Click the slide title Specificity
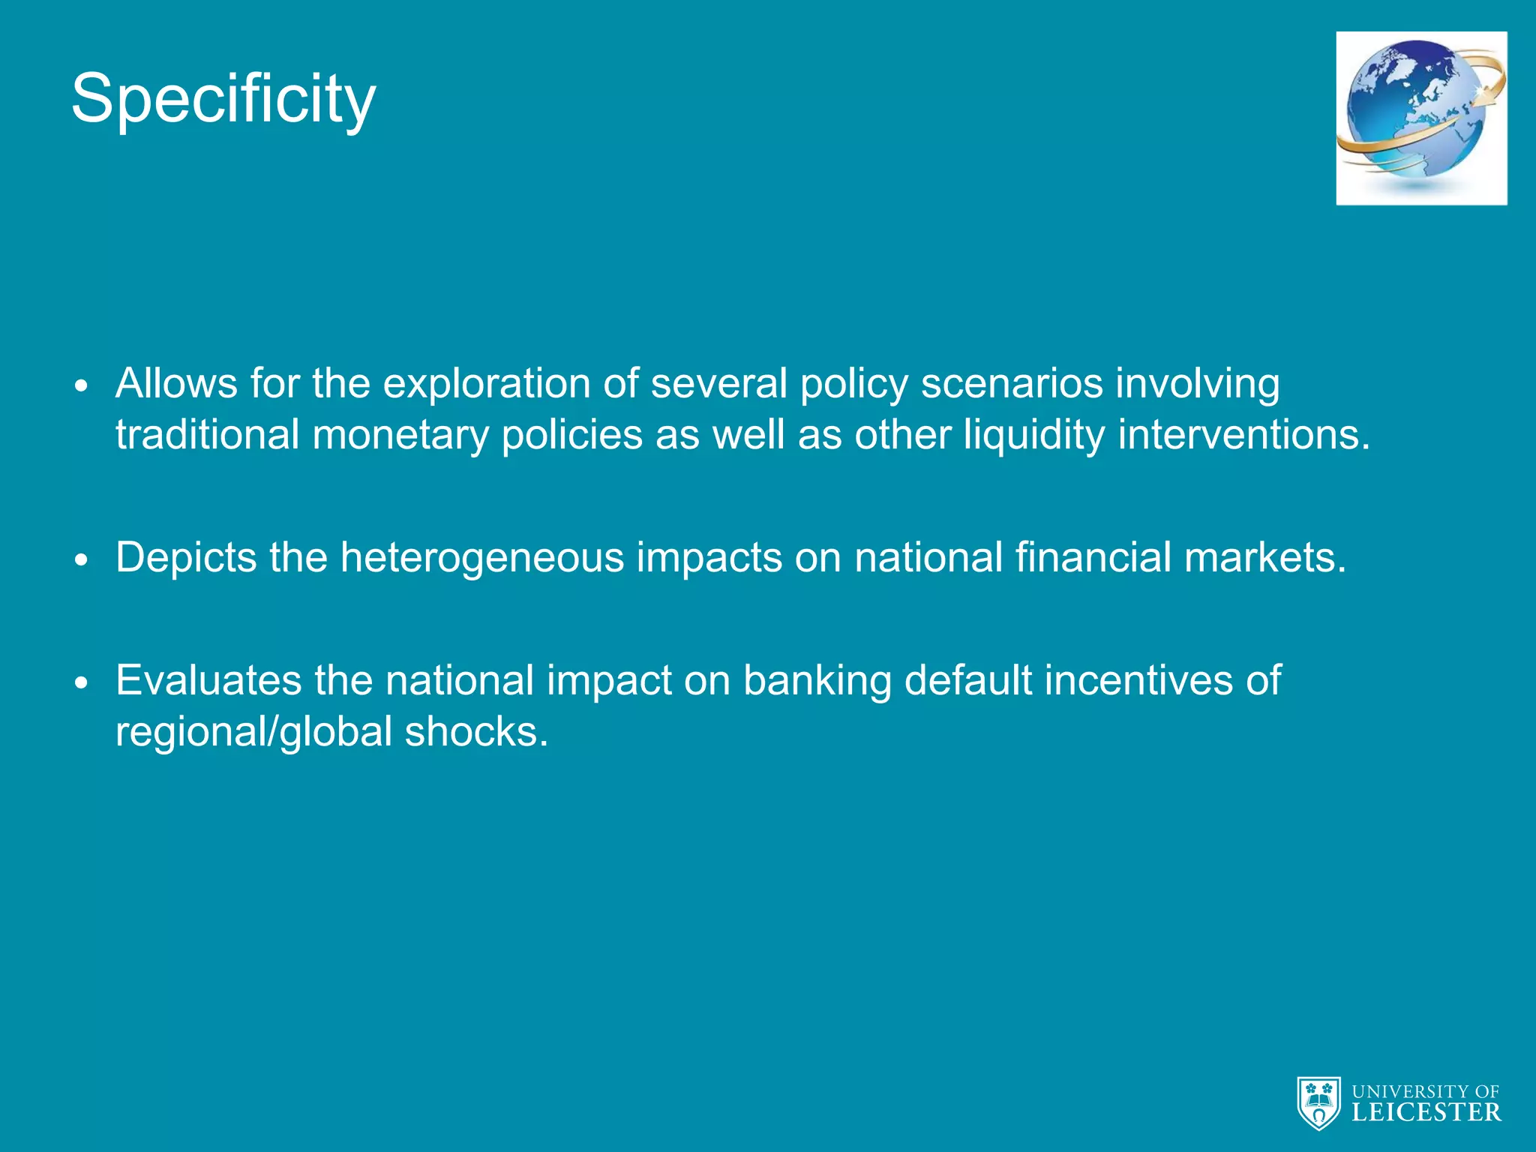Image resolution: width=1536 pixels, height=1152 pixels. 223,99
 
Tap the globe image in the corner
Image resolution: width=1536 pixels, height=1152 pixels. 1420,118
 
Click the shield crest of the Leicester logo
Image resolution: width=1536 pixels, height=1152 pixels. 1318,1102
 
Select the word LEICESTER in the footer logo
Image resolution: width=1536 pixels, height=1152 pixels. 1426,1112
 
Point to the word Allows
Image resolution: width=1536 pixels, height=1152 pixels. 177,383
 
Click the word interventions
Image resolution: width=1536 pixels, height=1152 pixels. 1243,435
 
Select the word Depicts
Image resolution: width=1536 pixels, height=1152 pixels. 186,557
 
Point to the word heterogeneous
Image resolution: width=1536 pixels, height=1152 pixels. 482,557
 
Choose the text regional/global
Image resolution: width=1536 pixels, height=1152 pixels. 254,732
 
